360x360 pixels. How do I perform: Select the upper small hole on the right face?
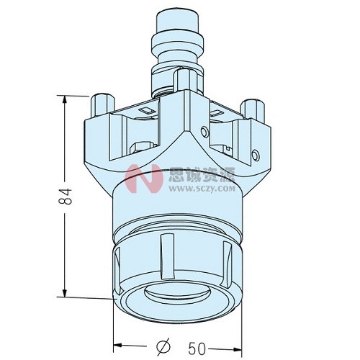(x=207, y=131)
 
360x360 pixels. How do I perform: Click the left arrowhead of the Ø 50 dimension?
(x=117, y=347)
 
